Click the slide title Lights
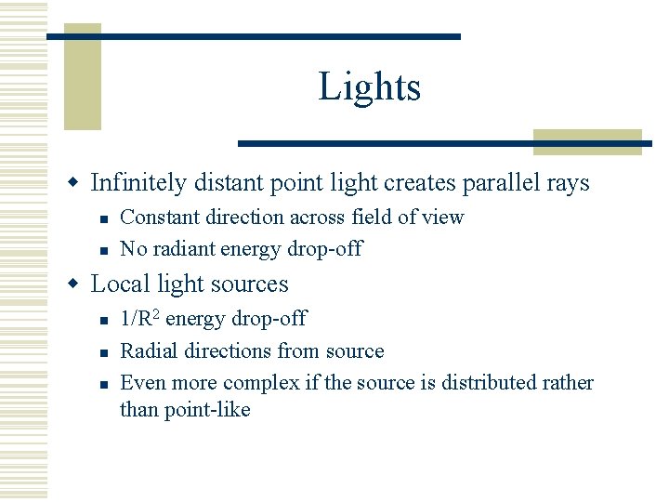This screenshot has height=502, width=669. click(x=370, y=87)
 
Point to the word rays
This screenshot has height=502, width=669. click(x=570, y=183)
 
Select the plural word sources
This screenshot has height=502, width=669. click(x=250, y=284)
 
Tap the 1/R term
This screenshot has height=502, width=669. click(x=138, y=319)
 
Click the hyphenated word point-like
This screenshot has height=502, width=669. click(x=208, y=409)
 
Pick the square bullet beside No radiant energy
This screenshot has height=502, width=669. click(x=106, y=249)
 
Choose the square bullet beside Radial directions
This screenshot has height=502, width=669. click(x=106, y=351)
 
